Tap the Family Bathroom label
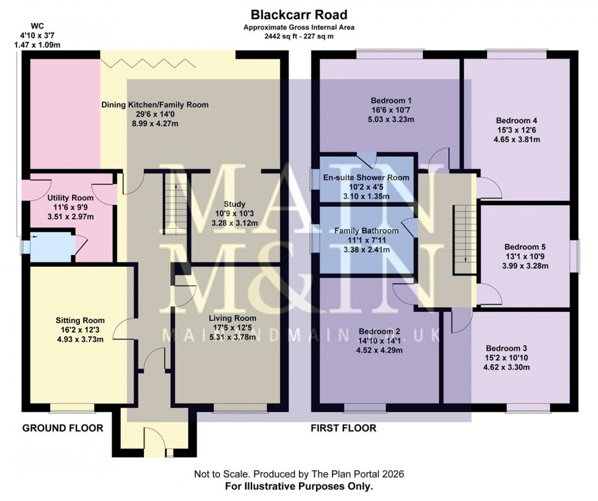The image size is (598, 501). point(366,231)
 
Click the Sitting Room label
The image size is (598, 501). point(80,320)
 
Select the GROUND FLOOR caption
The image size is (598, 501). point(63,428)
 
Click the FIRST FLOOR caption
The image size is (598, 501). point(344,428)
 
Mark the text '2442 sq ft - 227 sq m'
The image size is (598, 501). point(298,36)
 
